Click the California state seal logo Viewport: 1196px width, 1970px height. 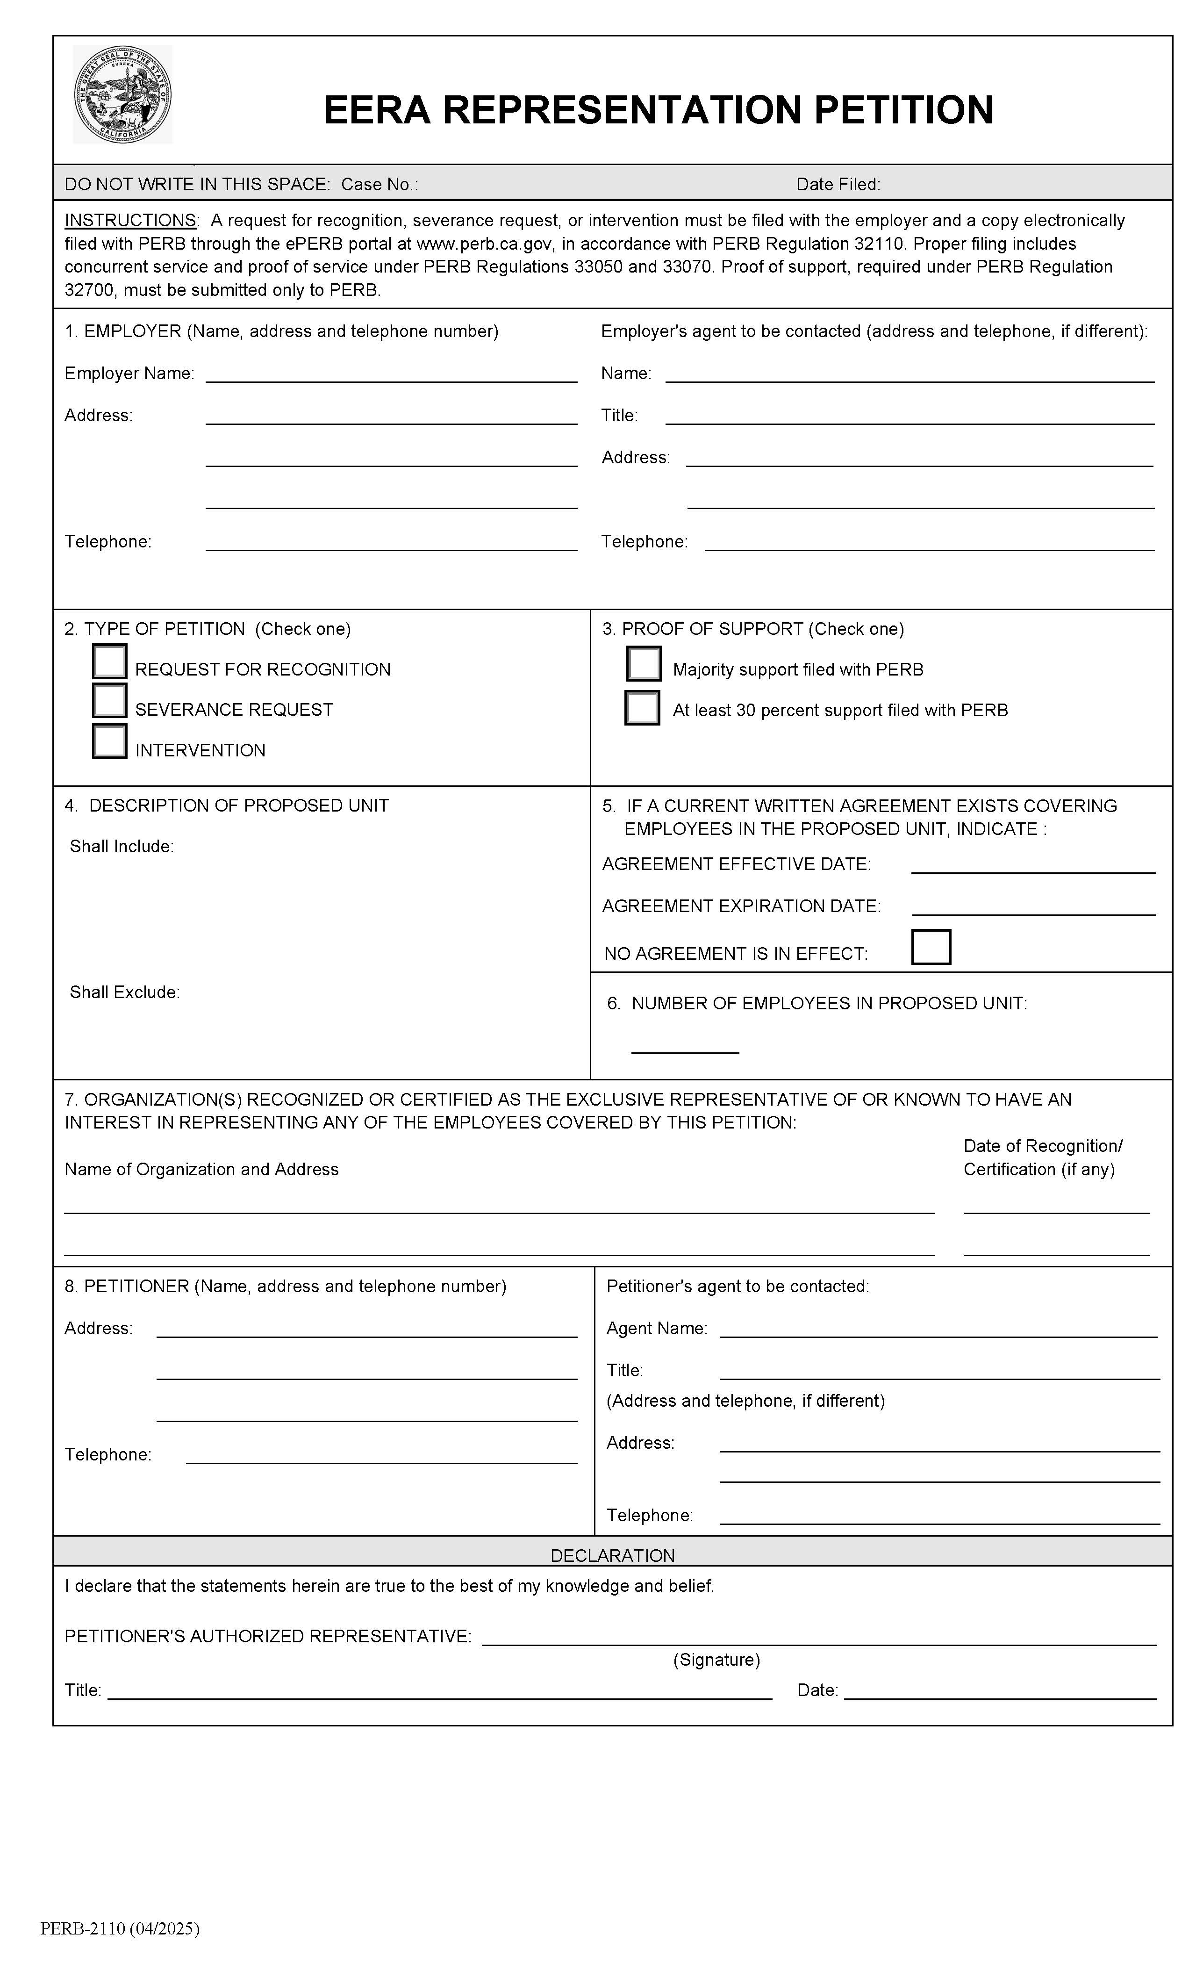tap(122, 94)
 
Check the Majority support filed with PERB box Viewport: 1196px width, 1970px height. tap(644, 663)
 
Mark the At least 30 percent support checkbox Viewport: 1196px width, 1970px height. tap(642, 708)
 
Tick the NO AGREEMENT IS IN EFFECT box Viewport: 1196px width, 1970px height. tap(931, 947)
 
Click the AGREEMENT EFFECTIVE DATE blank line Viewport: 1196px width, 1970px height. tap(1033, 865)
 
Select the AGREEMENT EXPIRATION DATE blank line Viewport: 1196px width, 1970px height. tap(1033, 906)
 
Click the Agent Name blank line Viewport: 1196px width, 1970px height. tap(938, 1329)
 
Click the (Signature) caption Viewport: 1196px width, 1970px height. tap(716, 1660)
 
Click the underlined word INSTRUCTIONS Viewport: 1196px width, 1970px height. tap(130, 221)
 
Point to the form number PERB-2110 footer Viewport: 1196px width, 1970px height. tap(120, 1928)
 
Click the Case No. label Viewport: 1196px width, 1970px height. tap(379, 185)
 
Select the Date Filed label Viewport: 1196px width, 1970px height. tap(838, 185)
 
